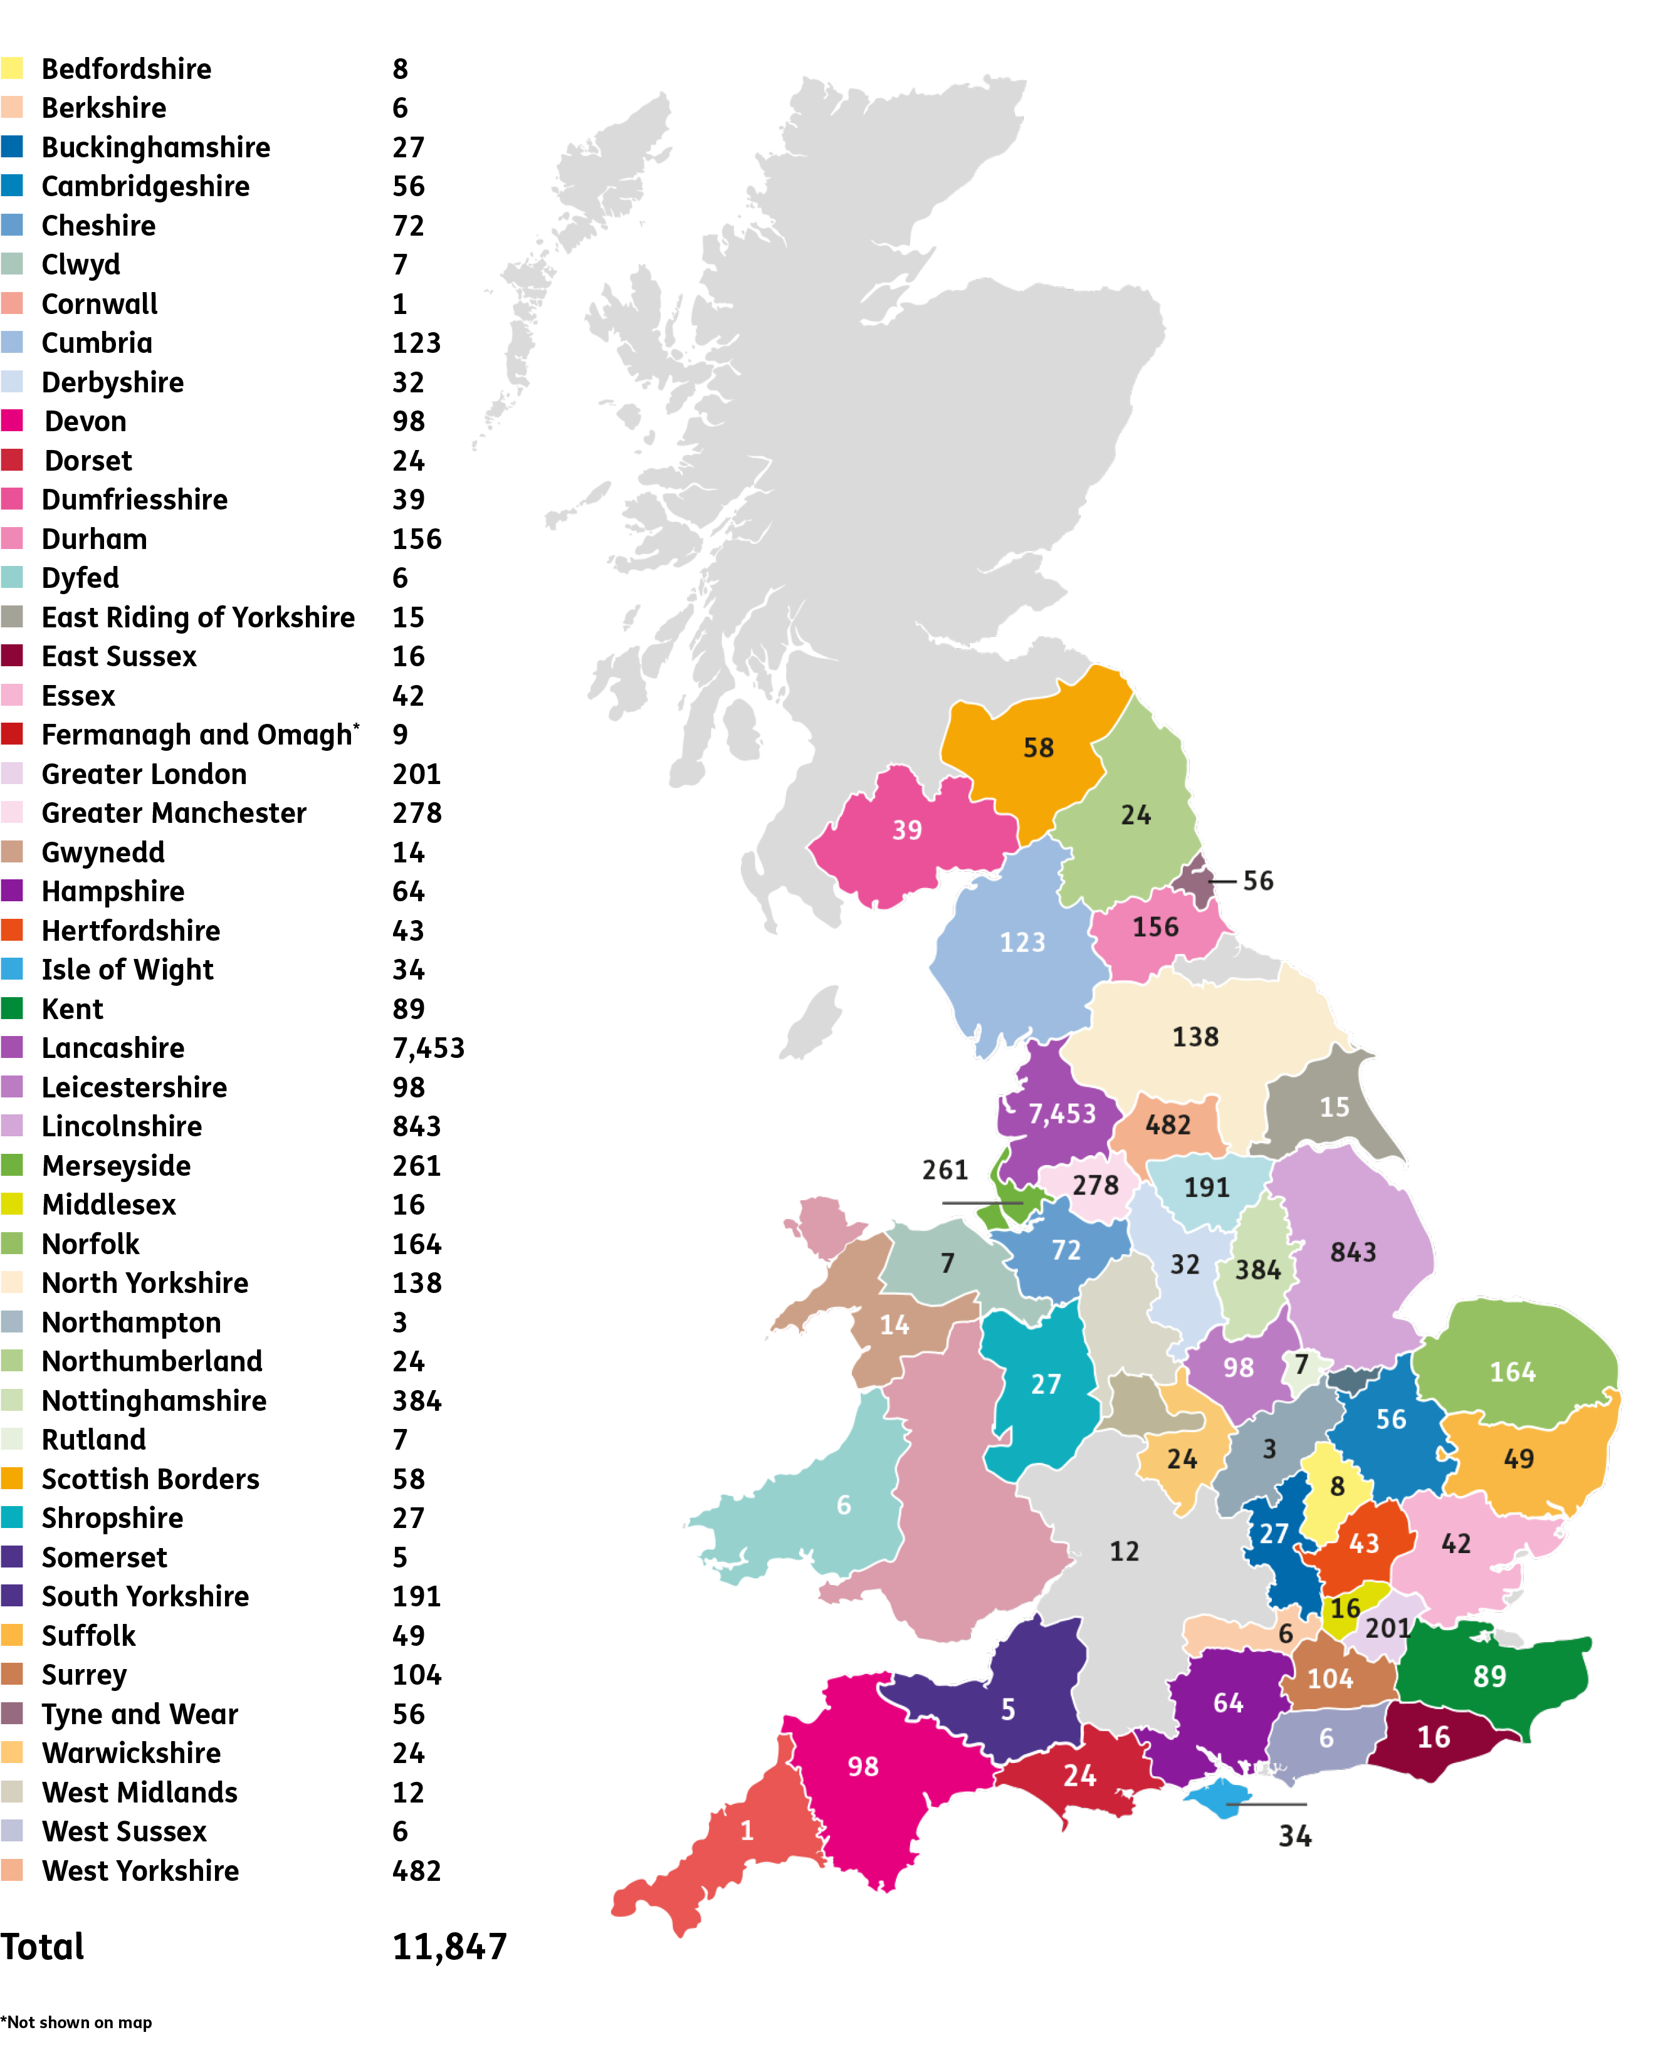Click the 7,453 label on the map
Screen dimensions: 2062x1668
click(1062, 1114)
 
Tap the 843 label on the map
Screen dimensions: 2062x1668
click(1353, 1252)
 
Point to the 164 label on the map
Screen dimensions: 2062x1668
click(1513, 1372)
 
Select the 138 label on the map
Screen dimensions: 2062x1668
click(1195, 1037)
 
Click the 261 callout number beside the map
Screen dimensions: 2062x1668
click(945, 1170)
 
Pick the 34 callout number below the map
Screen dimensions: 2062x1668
click(1295, 1837)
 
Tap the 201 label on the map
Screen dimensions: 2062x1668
click(1387, 1628)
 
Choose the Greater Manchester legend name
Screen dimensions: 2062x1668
click(174, 813)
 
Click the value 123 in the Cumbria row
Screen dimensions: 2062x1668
click(416, 343)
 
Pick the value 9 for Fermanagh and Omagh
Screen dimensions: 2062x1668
click(400, 734)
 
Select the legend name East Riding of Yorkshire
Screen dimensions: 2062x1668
click(198, 617)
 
